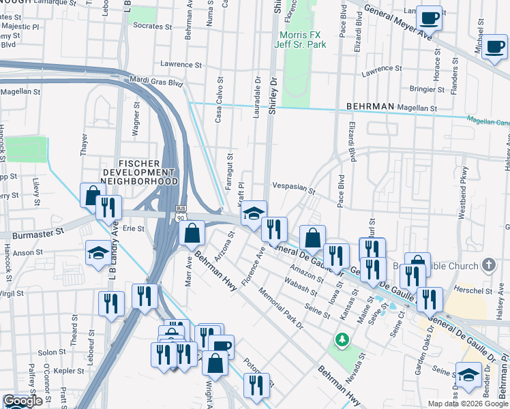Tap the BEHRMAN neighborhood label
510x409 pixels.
[370, 107]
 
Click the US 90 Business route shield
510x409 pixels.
[180, 213]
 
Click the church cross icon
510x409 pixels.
[488, 264]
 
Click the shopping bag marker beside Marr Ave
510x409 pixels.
[193, 233]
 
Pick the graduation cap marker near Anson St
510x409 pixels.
[98, 254]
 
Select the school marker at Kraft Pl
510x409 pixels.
[254, 213]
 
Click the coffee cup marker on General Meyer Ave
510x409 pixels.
[430, 18]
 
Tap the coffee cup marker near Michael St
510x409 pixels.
[494, 47]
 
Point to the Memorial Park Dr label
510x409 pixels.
[281, 309]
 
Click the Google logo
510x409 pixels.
[22, 401]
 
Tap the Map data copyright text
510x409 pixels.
[468, 404]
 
